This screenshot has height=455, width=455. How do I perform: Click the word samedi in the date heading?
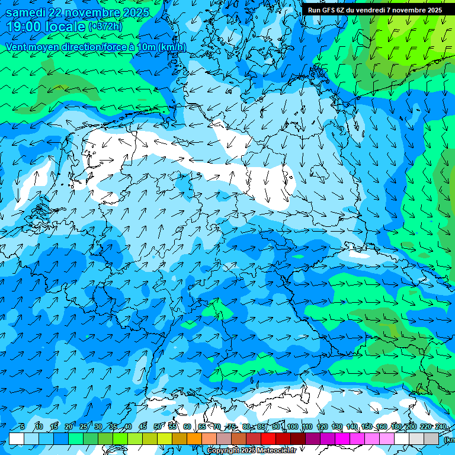(26, 12)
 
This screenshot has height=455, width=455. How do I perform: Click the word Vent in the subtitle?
(17, 47)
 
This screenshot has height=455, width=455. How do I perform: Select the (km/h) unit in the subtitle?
(171, 47)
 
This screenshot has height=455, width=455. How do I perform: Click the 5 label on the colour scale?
(23, 427)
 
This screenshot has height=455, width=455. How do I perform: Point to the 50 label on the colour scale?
(158, 427)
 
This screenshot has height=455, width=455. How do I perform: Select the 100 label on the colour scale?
(292, 427)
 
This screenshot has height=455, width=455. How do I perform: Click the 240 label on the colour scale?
(441, 427)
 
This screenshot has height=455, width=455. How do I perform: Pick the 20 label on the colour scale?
(69, 427)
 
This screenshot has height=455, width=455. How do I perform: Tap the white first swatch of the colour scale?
(17, 438)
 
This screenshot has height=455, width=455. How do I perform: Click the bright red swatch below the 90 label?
(268, 438)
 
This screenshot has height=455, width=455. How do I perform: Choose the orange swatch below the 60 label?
(194, 438)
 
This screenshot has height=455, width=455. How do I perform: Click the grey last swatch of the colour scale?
(431, 438)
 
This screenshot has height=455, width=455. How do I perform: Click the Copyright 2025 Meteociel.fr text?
(251, 451)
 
